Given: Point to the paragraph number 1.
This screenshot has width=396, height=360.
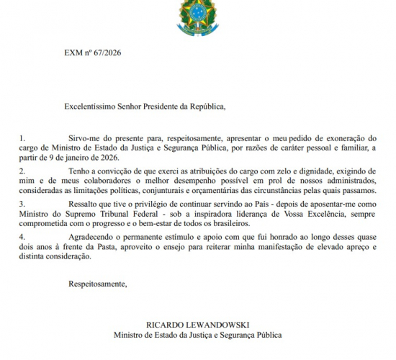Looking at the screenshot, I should pos(22,137).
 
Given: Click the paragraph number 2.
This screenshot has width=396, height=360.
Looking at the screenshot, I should pos(22,170).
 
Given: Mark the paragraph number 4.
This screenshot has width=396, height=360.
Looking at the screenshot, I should pos(22,235).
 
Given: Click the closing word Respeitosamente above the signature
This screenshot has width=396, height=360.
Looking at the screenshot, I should pos(96,284).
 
